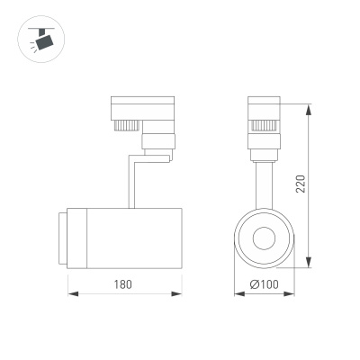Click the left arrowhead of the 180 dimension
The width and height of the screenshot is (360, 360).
click(72, 293)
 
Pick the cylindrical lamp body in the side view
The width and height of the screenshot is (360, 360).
click(126, 238)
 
